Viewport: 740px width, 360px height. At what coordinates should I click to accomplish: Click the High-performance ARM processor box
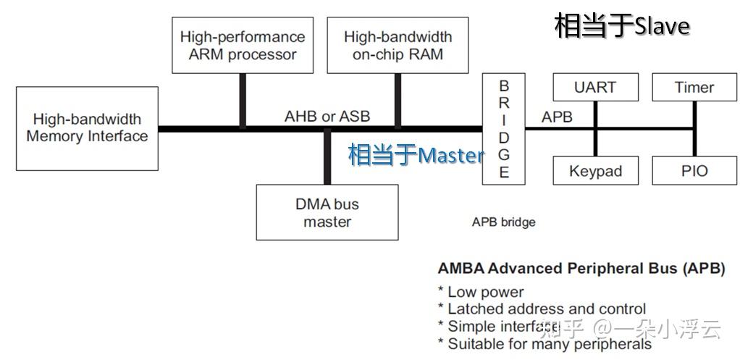point(242,46)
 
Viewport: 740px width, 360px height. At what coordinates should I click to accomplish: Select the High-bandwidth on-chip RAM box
point(398,46)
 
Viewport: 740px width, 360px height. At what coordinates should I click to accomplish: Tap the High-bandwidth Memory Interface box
point(87,128)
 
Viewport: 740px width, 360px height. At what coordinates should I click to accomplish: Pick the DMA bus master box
point(327,212)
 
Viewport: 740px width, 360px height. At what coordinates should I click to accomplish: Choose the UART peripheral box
point(595,88)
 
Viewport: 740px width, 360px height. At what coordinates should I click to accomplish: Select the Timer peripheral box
point(694,88)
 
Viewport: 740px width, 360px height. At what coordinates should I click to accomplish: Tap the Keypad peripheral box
point(595,171)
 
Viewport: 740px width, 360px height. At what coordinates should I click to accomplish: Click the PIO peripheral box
point(694,171)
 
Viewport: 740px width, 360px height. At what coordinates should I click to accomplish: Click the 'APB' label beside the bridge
point(557,117)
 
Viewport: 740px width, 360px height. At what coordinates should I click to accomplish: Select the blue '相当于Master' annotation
point(416,155)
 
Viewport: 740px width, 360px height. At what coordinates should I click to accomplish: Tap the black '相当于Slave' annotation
point(621,26)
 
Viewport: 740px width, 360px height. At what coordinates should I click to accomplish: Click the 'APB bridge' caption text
point(503,222)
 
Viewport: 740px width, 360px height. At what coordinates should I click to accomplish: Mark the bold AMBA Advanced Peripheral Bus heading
point(581,268)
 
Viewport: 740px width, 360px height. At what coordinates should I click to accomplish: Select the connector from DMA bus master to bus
point(327,158)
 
